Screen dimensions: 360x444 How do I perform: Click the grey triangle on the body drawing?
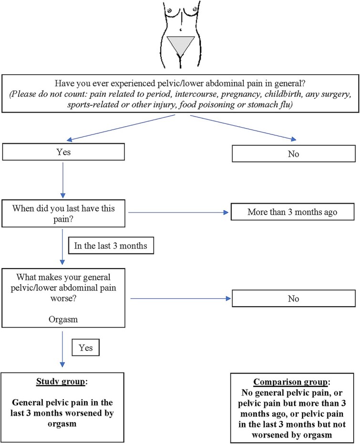(x=181, y=43)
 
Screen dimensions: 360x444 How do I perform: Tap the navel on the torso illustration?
(x=181, y=30)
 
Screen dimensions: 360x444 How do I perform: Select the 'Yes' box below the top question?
(x=63, y=152)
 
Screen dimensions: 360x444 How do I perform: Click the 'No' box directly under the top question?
(x=294, y=154)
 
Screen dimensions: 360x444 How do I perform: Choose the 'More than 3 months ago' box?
(x=293, y=212)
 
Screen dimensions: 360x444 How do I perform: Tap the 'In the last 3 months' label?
(x=111, y=245)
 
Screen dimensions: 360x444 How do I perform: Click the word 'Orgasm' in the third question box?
(x=63, y=319)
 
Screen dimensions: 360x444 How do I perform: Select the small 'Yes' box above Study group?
(x=86, y=347)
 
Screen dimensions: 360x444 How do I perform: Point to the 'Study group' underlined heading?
(x=61, y=382)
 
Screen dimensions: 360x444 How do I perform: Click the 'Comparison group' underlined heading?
(x=290, y=382)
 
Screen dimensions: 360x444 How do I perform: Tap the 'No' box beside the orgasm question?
(x=294, y=298)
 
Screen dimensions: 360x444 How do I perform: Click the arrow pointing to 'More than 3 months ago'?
(x=178, y=212)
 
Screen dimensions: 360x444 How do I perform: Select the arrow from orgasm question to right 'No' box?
(x=181, y=298)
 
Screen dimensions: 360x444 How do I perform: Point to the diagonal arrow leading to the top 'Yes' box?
(x=121, y=128)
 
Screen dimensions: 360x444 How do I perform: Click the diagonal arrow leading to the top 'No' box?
(x=243, y=128)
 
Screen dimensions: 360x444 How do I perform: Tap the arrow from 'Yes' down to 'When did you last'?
(x=63, y=180)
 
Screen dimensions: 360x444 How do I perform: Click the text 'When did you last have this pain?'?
(x=63, y=213)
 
